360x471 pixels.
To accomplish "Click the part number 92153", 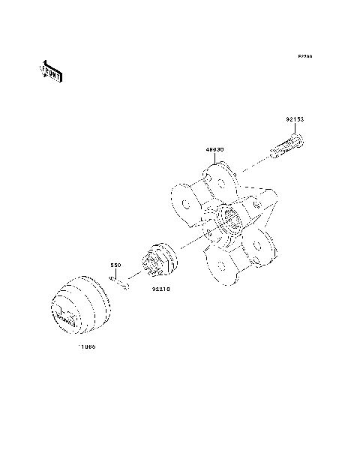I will (x=294, y=119).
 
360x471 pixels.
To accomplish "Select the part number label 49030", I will (x=215, y=149).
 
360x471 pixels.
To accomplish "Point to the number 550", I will (x=116, y=265).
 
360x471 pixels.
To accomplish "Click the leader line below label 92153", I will (x=296, y=129).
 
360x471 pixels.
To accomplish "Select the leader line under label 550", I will (x=116, y=273).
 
